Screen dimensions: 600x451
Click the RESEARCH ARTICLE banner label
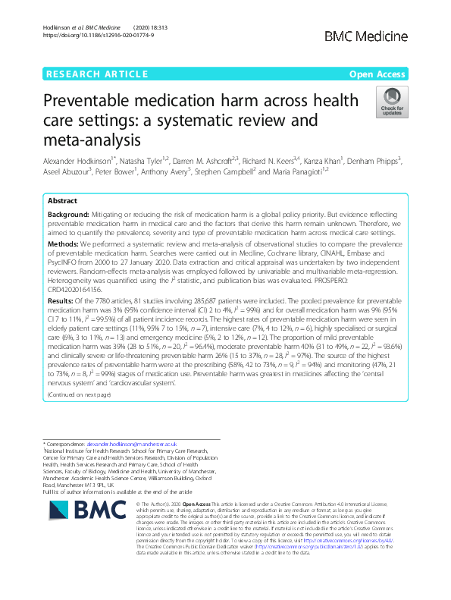pos(97,74)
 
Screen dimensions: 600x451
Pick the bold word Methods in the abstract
pos(64,246)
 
